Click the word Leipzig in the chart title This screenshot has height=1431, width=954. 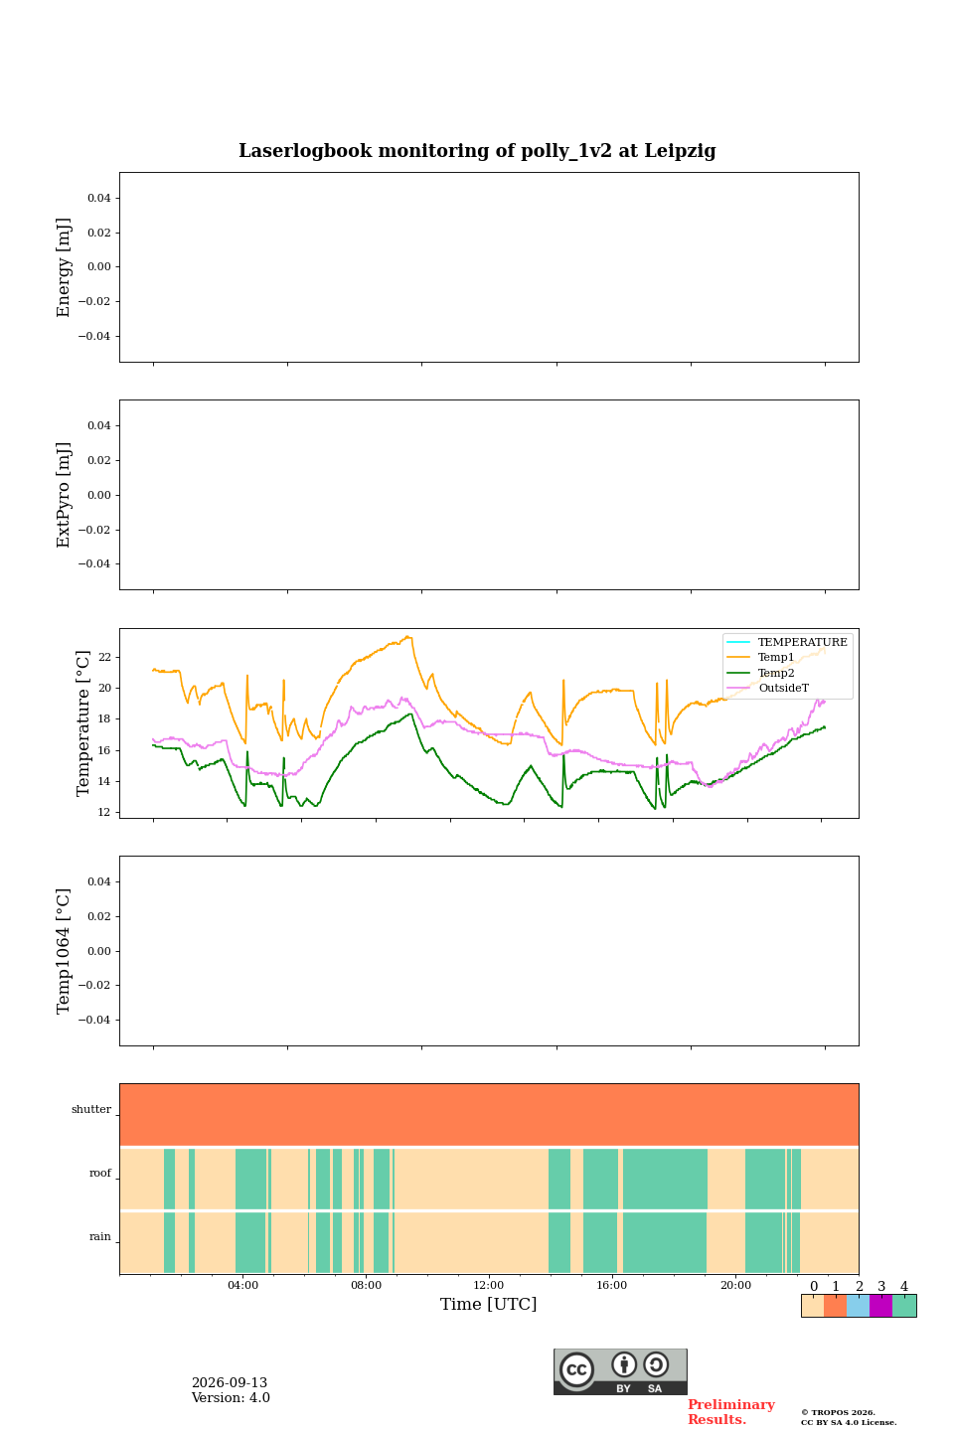click(680, 151)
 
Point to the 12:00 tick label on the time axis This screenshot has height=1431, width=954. click(488, 1285)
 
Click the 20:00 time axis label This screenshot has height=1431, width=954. click(735, 1285)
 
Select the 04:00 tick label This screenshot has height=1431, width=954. click(242, 1285)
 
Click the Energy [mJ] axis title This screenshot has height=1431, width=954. click(64, 267)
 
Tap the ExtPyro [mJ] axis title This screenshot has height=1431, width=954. click(64, 495)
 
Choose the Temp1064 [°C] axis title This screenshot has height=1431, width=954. click(64, 951)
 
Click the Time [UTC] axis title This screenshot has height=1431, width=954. click(488, 1304)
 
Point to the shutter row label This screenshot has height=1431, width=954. click(91, 1109)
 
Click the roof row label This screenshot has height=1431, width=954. click(100, 1173)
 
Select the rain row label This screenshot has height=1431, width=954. click(100, 1236)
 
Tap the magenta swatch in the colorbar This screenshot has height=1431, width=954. click(881, 1306)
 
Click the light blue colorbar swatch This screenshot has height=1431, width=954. click(859, 1306)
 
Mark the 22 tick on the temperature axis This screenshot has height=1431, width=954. click(104, 658)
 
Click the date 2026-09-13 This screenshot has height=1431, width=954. click(230, 1382)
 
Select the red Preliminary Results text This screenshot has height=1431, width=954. click(731, 1412)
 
